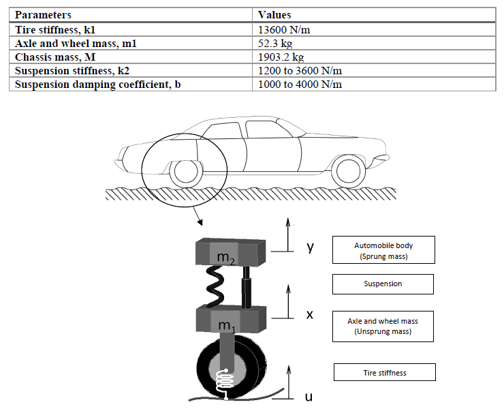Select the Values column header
(274, 14)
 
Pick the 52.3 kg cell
(274, 43)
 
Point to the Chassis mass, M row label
(52, 57)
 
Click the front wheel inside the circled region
(185, 172)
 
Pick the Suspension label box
(383, 284)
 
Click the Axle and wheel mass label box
(383, 326)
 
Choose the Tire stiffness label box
(384, 372)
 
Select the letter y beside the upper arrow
(310, 246)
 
